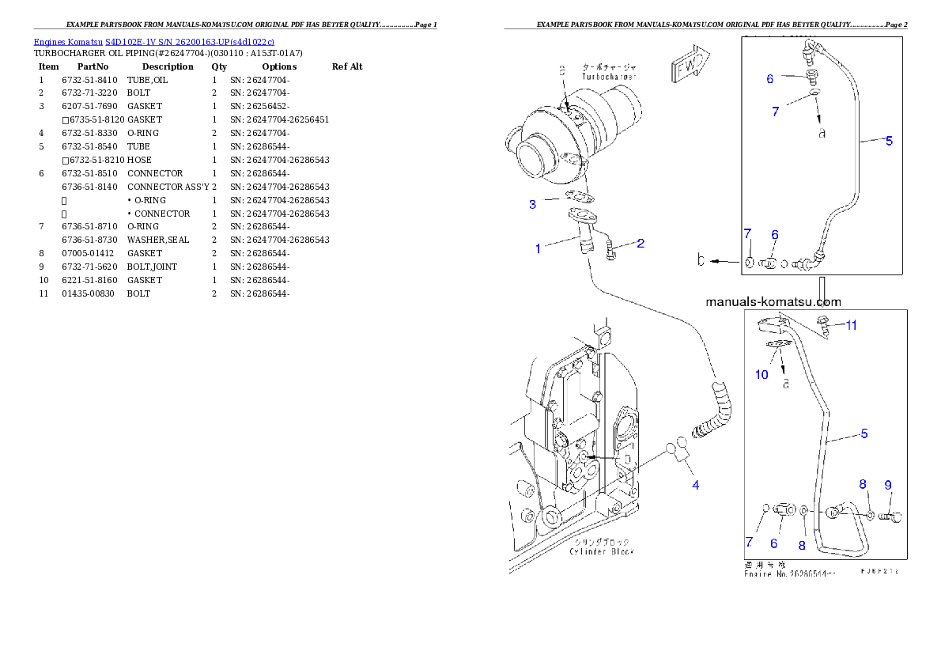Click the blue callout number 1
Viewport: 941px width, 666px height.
coord(538,248)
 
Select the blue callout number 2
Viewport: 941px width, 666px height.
coord(641,244)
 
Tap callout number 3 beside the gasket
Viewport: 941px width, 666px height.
coord(533,204)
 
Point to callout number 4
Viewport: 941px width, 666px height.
coord(696,485)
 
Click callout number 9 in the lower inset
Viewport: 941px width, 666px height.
coord(888,484)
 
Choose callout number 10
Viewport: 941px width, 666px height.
coord(761,374)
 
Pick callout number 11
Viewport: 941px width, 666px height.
coord(851,324)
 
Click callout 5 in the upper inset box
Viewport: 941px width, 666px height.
coord(889,141)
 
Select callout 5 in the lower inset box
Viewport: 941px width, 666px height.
coord(864,433)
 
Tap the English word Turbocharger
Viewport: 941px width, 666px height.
coord(609,77)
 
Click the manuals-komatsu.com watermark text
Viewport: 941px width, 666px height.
coord(773,301)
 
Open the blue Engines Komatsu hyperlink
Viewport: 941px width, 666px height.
coord(154,42)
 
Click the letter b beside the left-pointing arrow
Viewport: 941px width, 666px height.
coord(701,260)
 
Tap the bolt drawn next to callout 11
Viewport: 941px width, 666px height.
coord(822,323)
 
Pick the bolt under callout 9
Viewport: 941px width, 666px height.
coord(890,517)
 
